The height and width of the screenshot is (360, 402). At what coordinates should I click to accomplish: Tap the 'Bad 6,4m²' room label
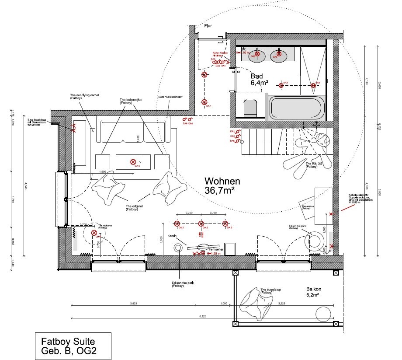pos(259,79)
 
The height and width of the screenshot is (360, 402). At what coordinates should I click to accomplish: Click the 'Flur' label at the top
pos(208,26)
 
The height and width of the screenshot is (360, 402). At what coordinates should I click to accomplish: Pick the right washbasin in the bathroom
pos(275,55)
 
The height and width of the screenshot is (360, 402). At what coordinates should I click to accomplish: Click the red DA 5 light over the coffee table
pos(133,162)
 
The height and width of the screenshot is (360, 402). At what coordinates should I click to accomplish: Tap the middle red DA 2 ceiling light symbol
pos(201,224)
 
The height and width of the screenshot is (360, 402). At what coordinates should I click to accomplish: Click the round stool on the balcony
pos(323,314)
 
